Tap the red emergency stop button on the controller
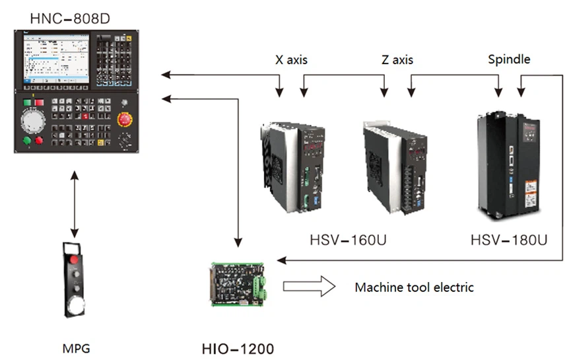coord(124,120)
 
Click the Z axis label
coord(396,60)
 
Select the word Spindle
coord(508,59)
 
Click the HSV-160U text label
coord(348,238)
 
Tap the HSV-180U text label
coord(508,238)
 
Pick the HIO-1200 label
coord(237,347)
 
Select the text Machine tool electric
coord(414,287)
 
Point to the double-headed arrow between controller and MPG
coord(75,205)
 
